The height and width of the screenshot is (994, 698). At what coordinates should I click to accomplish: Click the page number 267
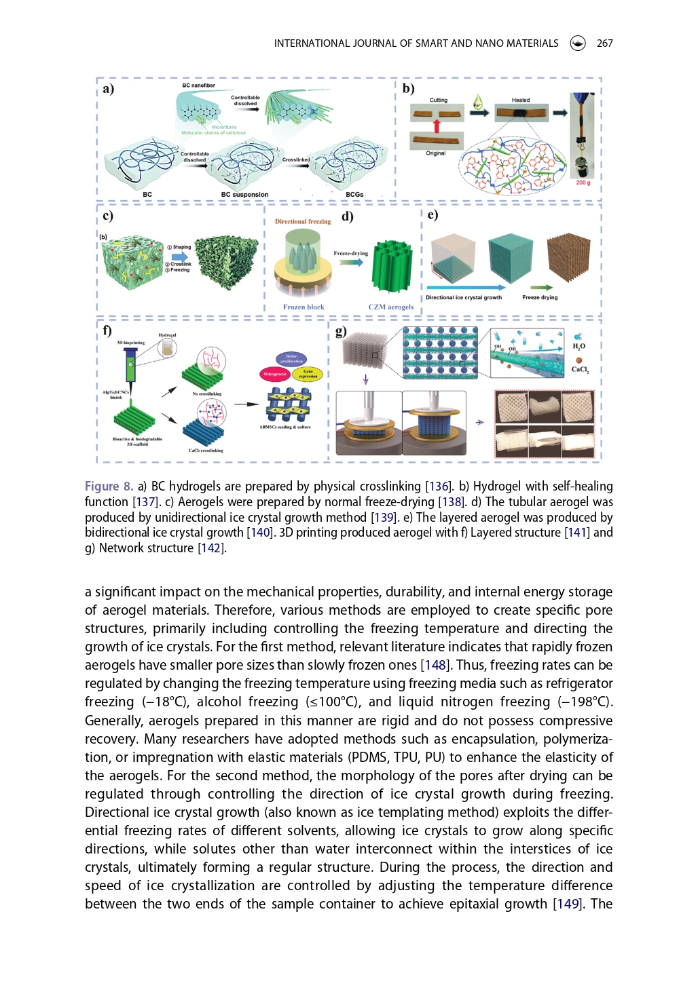click(x=604, y=43)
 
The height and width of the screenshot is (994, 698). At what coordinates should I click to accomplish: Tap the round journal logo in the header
click(x=578, y=43)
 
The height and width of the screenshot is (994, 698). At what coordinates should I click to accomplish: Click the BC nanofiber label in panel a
click(x=198, y=85)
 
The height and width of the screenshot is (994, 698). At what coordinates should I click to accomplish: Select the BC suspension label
click(x=244, y=195)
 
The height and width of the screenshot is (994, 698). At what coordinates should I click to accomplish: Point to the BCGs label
click(x=354, y=195)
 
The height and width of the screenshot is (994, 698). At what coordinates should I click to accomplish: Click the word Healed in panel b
click(x=521, y=100)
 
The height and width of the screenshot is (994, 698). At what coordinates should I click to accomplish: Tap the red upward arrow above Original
click(x=437, y=126)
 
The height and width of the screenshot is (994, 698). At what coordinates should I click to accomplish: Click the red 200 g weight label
click(x=583, y=183)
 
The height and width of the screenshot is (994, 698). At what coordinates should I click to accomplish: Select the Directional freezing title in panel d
click(x=303, y=222)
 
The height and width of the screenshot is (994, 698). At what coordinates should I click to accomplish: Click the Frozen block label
click(x=304, y=307)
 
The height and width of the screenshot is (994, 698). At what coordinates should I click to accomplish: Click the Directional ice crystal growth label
click(x=464, y=298)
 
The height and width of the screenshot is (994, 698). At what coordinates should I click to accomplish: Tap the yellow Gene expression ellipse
click(x=308, y=373)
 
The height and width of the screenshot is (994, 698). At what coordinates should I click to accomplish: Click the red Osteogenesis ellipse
click(x=275, y=374)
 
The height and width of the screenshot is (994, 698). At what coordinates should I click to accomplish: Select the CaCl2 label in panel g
click(x=580, y=370)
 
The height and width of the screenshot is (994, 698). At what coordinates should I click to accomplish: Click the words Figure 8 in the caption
click(x=109, y=486)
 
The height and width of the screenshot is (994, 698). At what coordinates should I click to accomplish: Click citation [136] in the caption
click(x=439, y=486)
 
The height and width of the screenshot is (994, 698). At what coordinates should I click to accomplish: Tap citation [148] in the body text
click(x=433, y=666)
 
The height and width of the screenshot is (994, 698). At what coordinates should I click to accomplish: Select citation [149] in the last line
click(x=567, y=904)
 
